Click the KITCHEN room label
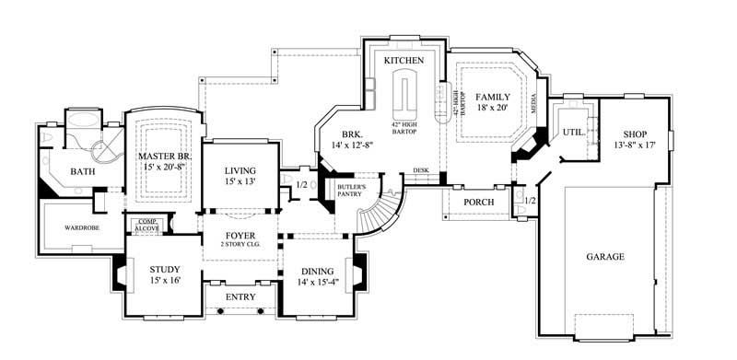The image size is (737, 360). click(x=404, y=60)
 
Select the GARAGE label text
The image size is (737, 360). click(x=603, y=257)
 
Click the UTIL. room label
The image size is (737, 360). click(x=573, y=133)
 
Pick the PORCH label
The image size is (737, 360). click(x=478, y=202)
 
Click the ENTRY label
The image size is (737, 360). click(x=241, y=296)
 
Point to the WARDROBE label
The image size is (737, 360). click(x=81, y=226)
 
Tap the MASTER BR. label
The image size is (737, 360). click(x=164, y=157)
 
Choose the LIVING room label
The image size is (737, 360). click(x=240, y=171)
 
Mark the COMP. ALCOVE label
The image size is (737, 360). click(x=147, y=224)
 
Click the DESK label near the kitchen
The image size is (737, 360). click(x=420, y=170)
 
